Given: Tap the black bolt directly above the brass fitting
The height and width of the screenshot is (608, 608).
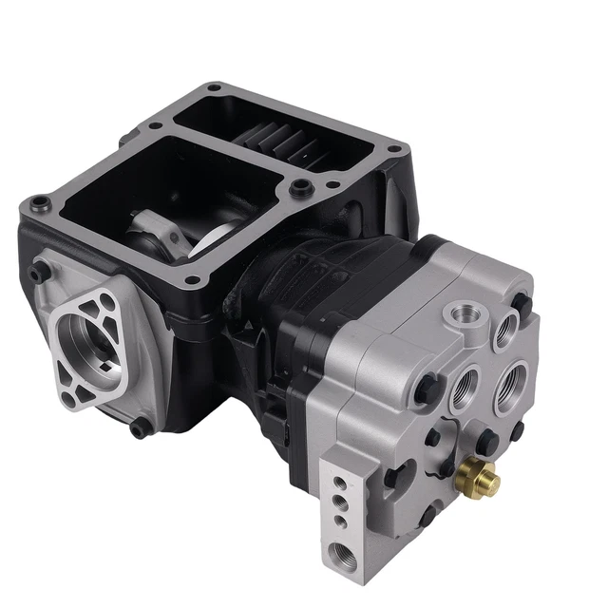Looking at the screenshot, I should pos(484,440).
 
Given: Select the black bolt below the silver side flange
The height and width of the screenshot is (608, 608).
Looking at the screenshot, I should pos(142,428).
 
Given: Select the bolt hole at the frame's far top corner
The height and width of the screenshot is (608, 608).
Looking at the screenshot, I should pos(214,89).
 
